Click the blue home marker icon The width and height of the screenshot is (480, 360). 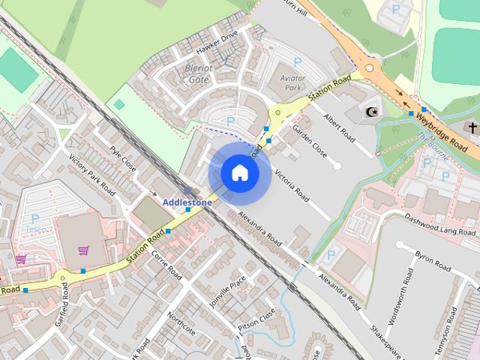[239, 172]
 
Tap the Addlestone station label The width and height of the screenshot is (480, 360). [187, 202]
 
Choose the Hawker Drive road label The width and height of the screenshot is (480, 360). [217, 45]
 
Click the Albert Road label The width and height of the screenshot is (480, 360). [338, 127]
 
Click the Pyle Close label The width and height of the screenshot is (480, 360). [121, 158]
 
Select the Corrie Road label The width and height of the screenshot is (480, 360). [167, 265]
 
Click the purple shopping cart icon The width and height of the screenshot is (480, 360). [83, 250]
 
